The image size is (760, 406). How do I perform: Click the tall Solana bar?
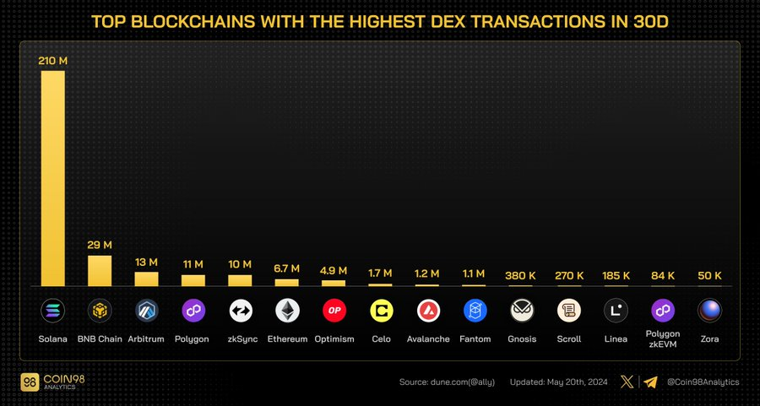coord(52,177)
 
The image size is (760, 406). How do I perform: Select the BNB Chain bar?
coord(100,271)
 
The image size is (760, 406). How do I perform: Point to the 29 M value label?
coord(100,245)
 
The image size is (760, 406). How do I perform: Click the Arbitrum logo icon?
coord(147,311)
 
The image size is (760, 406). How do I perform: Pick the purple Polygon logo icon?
coord(193,311)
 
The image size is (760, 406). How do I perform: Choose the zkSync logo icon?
coord(241,311)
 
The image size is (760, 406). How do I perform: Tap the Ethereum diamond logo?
coord(287,311)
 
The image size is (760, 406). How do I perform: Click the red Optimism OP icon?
coord(334,311)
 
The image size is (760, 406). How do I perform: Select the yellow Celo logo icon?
coord(382,311)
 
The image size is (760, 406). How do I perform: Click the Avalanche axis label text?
coord(428,339)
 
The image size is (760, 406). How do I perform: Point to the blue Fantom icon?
coord(475,311)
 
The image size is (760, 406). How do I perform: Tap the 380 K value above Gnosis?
coord(522,275)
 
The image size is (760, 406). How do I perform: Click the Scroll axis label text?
coord(569,339)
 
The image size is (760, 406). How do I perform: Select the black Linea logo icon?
coord(616,311)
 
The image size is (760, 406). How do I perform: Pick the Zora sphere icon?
coord(709,311)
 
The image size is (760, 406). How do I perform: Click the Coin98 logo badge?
coord(32,382)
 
